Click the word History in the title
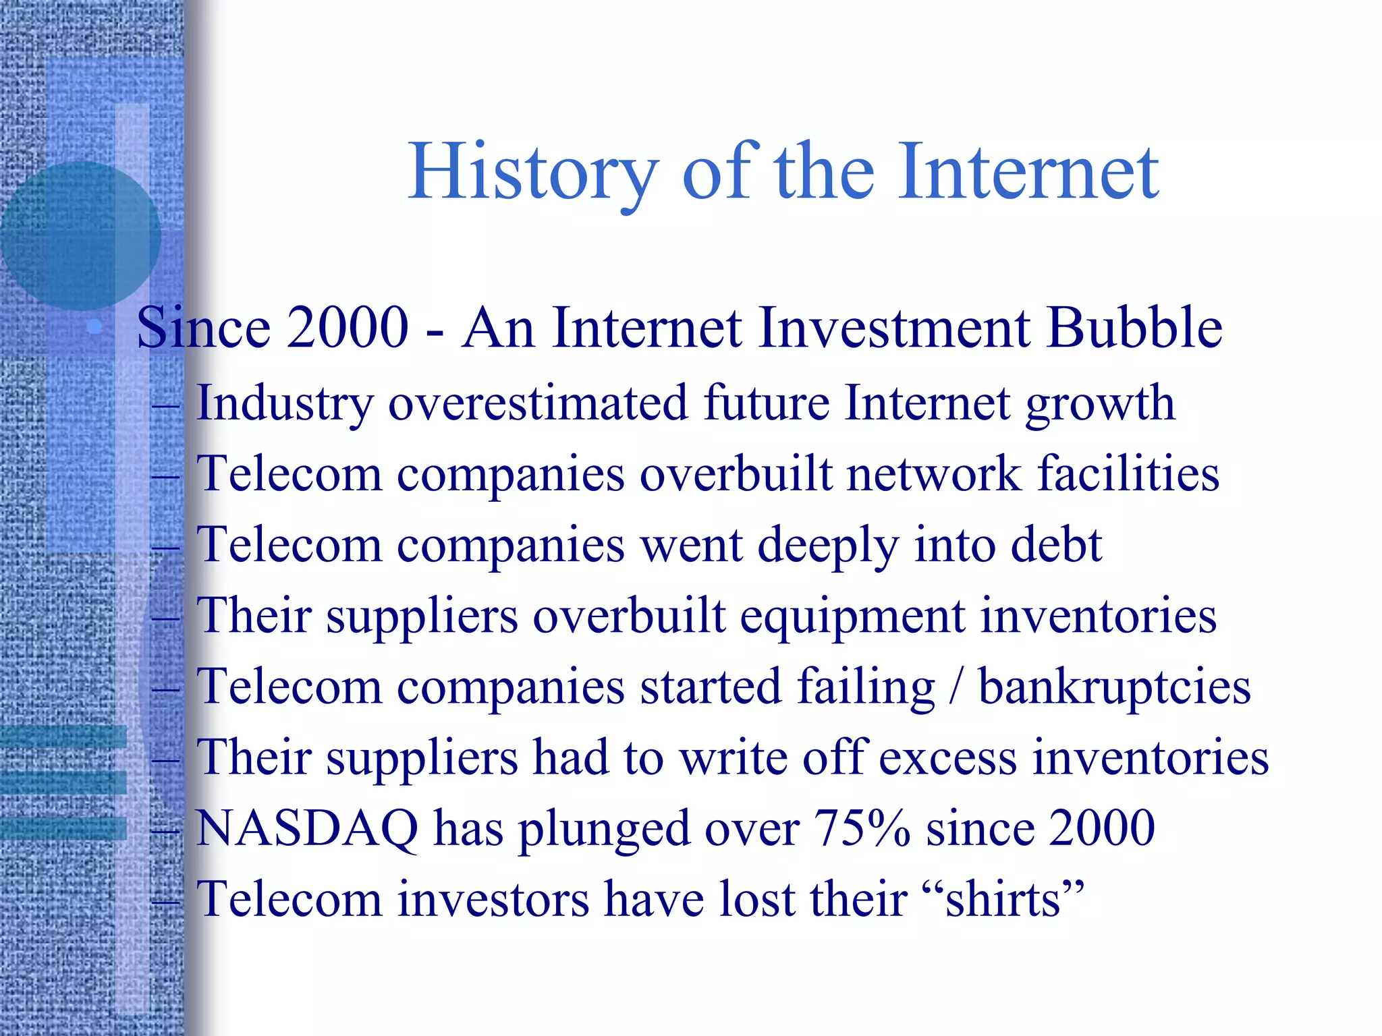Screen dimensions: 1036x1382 533,173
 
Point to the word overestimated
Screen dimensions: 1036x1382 538,403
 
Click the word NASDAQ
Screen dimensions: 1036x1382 307,828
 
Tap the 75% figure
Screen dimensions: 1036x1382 862,828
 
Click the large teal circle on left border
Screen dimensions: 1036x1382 80,236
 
